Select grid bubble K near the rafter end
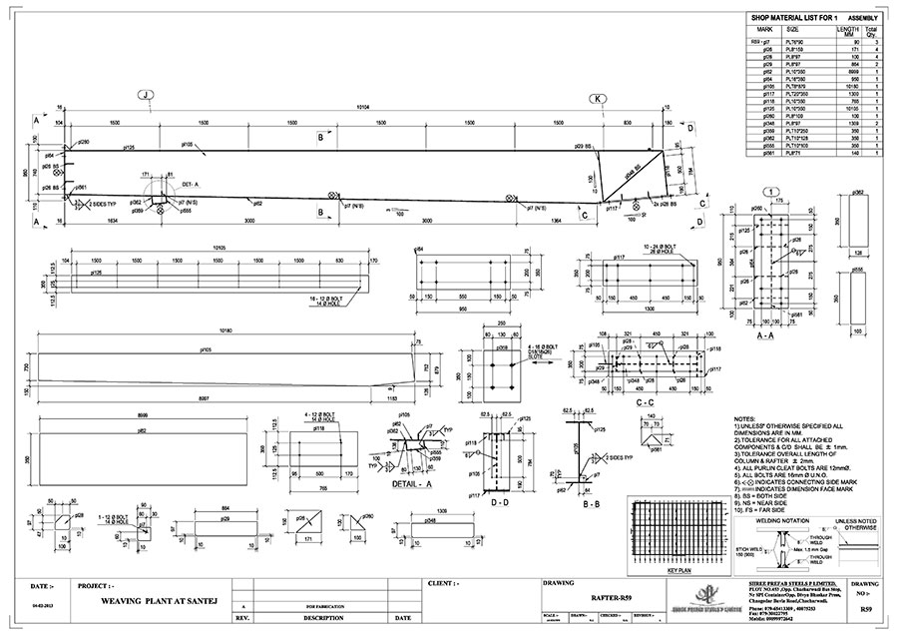pos(598,99)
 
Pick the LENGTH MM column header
pos(847,31)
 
